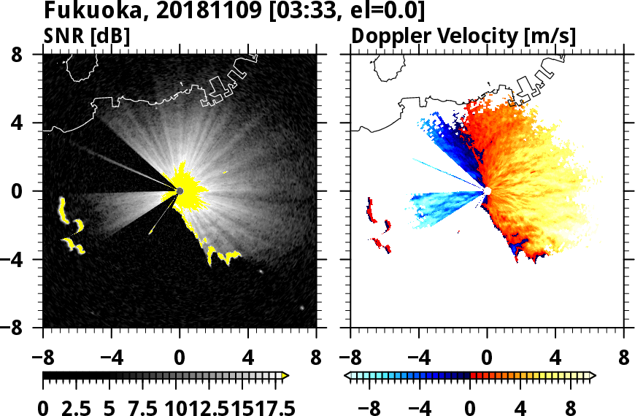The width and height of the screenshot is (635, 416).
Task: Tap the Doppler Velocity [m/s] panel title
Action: tap(464, 36)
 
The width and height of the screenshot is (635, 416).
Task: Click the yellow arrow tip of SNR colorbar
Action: tap(285, 376)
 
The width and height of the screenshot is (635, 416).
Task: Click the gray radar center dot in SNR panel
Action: tap(180, 191)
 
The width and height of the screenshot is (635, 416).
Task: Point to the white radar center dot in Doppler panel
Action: tap(488, 191)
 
